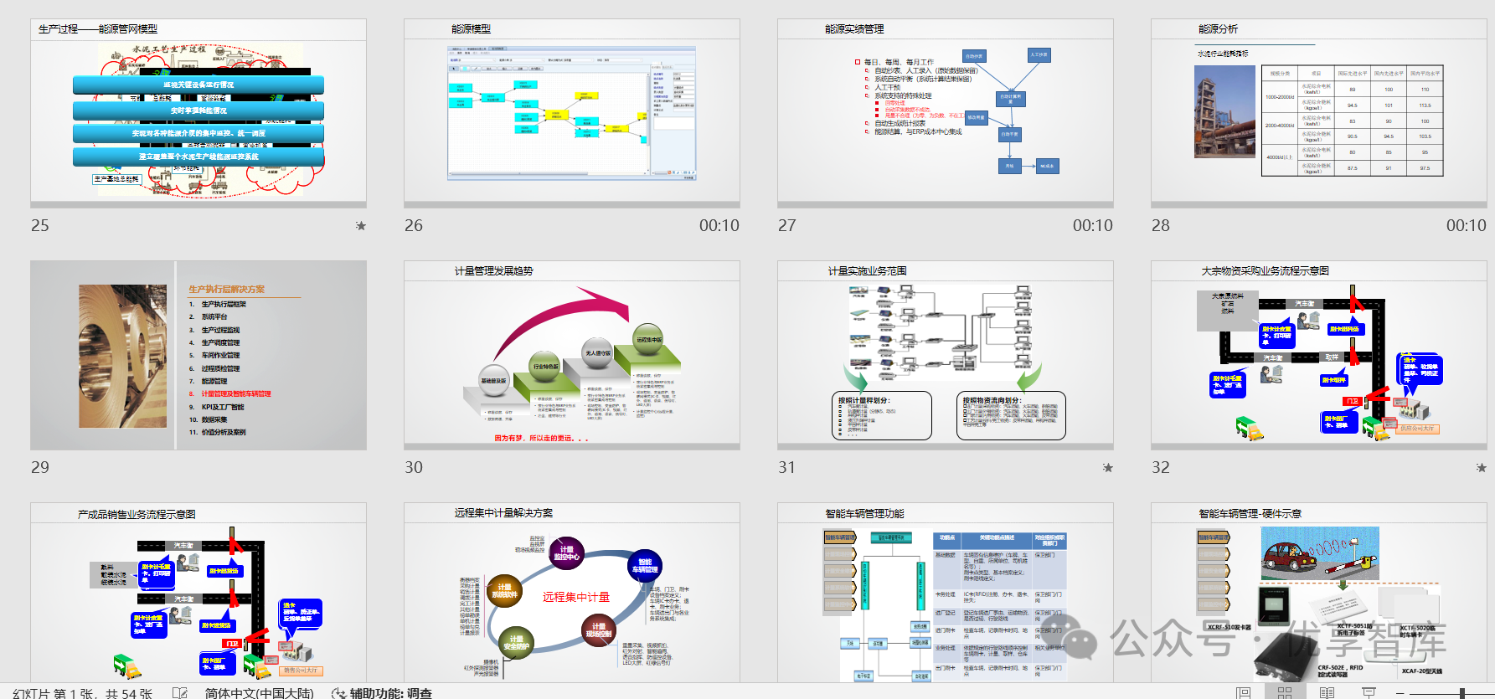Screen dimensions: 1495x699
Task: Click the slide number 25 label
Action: (40, 225)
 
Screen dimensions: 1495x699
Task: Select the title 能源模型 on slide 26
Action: (471, 29)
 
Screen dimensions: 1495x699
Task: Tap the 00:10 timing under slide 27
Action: (1092, 225)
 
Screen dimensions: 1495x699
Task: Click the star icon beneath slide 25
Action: (361, 225)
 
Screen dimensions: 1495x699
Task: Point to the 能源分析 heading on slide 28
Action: (1218, 29)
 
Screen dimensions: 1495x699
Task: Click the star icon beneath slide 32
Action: (1481, 468)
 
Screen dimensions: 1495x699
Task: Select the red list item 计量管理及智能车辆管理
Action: (235, 393)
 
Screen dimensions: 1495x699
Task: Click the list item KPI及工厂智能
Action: (223, 407)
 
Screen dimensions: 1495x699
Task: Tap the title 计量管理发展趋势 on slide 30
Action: (493, 271)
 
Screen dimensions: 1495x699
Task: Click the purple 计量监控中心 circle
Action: (566, 553)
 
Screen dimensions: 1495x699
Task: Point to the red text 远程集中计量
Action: (575, 597)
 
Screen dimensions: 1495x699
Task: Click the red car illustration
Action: (1287, 557)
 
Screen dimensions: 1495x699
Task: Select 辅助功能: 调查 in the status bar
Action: (389, 692)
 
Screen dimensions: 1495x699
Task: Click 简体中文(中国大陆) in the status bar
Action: (259, 692)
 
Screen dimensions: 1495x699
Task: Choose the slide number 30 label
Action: (414, 468)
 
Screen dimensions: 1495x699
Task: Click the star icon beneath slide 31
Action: (1107, 468)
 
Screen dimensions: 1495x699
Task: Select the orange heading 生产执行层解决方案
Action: (226, 289)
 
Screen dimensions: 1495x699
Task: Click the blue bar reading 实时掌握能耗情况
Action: (198, 111)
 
